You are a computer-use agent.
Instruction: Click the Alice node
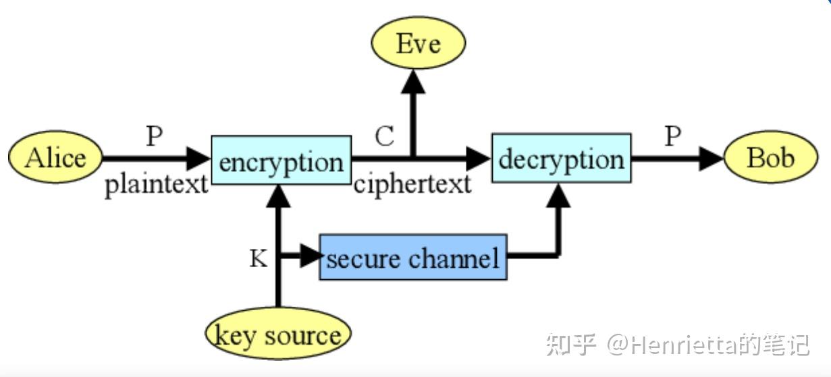[x=55, y=158]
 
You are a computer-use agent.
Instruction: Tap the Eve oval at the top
[x=418, y=45]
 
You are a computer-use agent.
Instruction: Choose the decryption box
[x=561, y=158]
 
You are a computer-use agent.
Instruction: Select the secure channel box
[x=412, y=257]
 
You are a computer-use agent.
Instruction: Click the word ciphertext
[x=412, y=184]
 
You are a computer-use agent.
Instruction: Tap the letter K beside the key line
[x=258, y=258]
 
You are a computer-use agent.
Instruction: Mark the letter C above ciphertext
[x=384, y=136]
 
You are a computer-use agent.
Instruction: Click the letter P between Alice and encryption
[x=155, y=136]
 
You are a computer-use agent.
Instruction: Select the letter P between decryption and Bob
[x=672, y=136]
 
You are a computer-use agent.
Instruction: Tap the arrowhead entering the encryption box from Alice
[x=198, y=159]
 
